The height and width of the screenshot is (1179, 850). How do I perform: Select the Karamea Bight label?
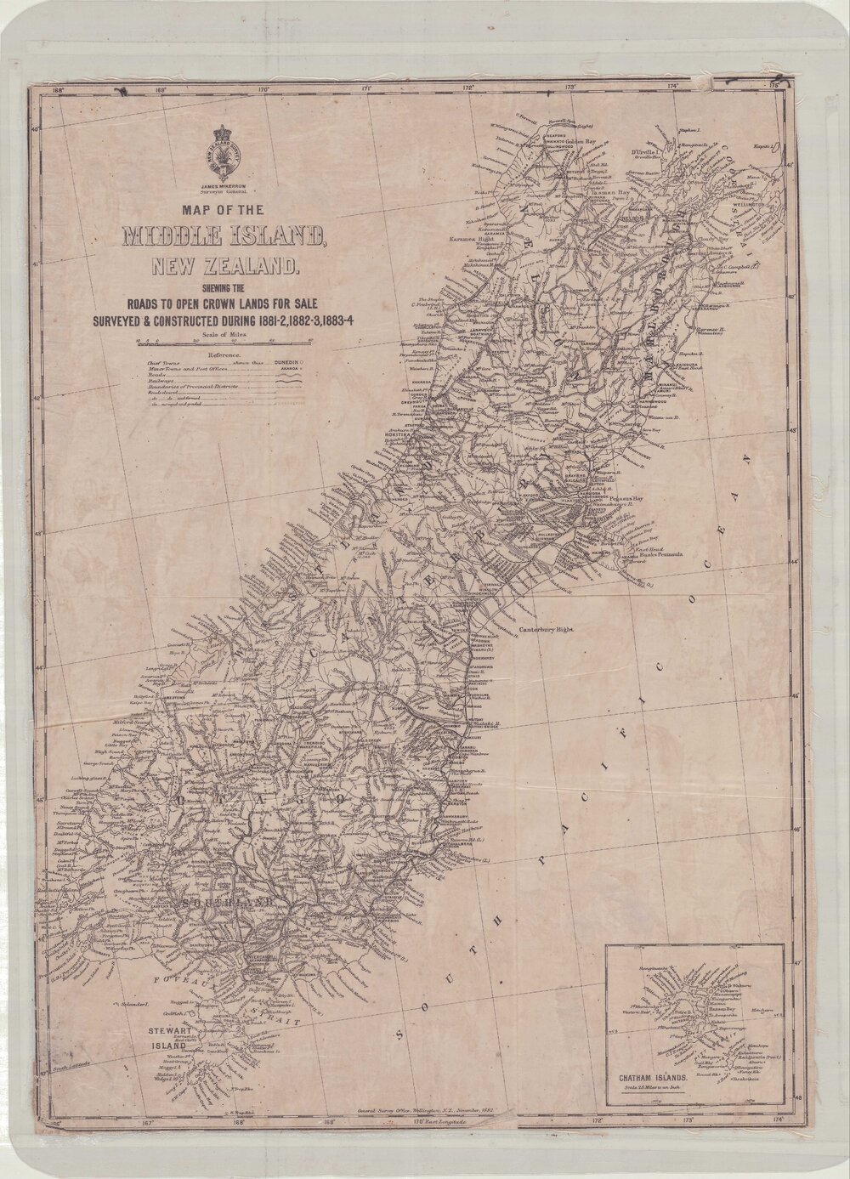click(478, 241)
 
